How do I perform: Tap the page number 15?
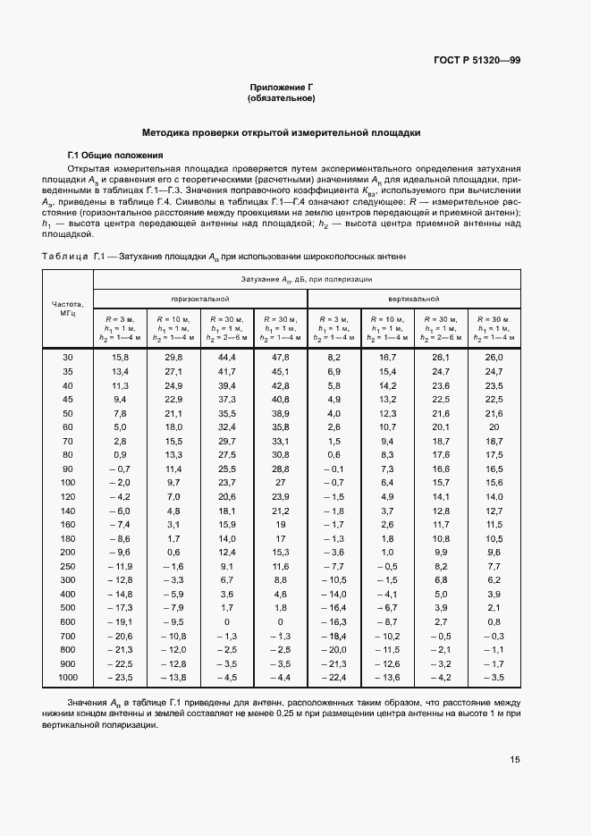515,760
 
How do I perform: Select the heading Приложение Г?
283,88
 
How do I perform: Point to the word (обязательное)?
283,98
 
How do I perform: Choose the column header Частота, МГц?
68,308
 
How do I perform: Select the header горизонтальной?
200,298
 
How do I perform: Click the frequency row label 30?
68,358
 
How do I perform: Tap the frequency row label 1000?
68,678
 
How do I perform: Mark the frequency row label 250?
68,566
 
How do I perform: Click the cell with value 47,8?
280,358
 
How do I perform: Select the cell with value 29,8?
173,358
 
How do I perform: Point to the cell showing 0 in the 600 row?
227,621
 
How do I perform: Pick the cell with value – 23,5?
120,678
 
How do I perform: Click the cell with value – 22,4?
333,678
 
